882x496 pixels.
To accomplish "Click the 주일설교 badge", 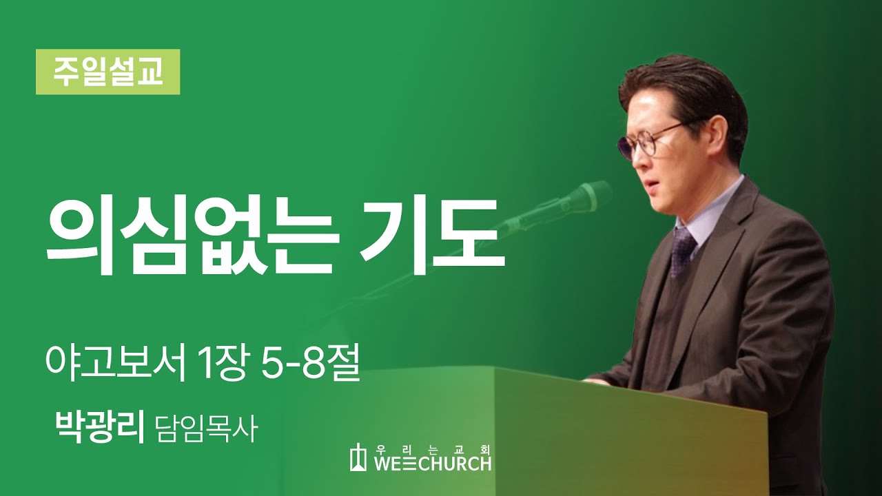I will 108,72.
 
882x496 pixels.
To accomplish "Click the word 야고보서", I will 114,364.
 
